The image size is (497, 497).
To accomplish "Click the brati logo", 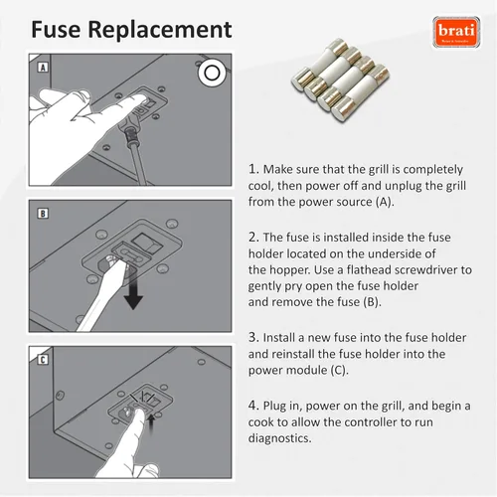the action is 456,32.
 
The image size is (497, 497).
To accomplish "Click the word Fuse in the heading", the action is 56,30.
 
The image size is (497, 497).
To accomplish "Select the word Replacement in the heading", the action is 160,31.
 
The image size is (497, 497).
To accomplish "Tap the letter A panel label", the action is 43,68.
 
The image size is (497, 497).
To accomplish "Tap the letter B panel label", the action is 43,214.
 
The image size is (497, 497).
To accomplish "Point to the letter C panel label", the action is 43,360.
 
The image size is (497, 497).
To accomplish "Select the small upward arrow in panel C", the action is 151,424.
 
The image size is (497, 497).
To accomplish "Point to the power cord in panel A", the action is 136,151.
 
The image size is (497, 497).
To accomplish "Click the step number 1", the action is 253,169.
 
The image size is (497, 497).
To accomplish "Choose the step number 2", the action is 253,238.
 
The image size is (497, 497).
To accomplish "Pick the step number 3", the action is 253,337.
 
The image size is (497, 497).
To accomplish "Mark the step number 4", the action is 253,406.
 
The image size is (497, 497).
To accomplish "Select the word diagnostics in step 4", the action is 280,438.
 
